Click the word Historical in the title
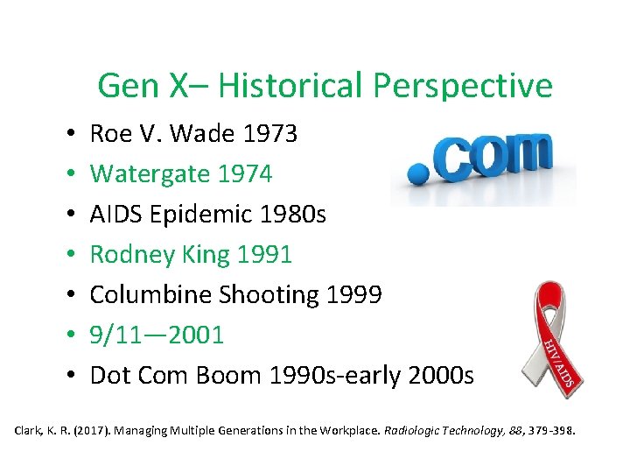[291, 86]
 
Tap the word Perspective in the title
[463, 86]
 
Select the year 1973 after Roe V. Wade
[270, 134]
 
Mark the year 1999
[353, 295]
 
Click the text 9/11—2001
[157, 335]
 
